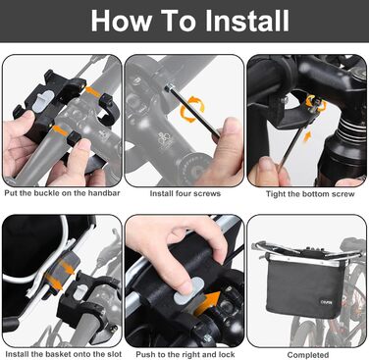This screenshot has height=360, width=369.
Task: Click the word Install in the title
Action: click(247, 21)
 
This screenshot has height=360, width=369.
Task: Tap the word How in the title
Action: click(122, 21)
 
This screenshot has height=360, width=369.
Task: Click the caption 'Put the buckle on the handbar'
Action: click(62, 193)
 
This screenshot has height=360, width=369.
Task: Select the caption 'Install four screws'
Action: click(185, 193)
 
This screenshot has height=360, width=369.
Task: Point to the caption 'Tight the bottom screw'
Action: click(310, 194)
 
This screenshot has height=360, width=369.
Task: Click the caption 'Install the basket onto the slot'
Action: click(64, 354)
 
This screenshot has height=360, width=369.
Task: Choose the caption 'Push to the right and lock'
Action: click(185, 354)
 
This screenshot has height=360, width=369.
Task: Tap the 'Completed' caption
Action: click(308, 355)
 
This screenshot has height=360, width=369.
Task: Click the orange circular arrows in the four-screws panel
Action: click(192, 109)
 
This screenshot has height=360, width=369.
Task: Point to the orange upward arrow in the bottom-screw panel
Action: click(307, 136)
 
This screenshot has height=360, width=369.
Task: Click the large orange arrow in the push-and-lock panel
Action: click(208, 303)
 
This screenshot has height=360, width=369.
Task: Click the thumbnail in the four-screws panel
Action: click(230, 125)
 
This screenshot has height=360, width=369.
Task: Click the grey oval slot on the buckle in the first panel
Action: click(43, 99)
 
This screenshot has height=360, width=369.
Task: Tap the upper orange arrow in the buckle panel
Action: click(92, 91)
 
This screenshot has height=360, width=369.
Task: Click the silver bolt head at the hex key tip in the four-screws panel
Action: click(169, 87)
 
